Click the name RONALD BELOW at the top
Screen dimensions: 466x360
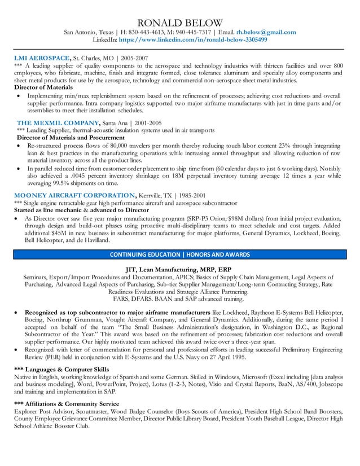coord(180,22)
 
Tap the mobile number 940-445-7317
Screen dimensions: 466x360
coord(191,32)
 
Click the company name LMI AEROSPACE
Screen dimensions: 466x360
coord(42,58)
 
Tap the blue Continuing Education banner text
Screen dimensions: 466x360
coord(180,254)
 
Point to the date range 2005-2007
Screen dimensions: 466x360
coord(134,58)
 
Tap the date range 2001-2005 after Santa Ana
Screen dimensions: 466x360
coord(148,122)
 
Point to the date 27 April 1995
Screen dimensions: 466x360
coord(210,357)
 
